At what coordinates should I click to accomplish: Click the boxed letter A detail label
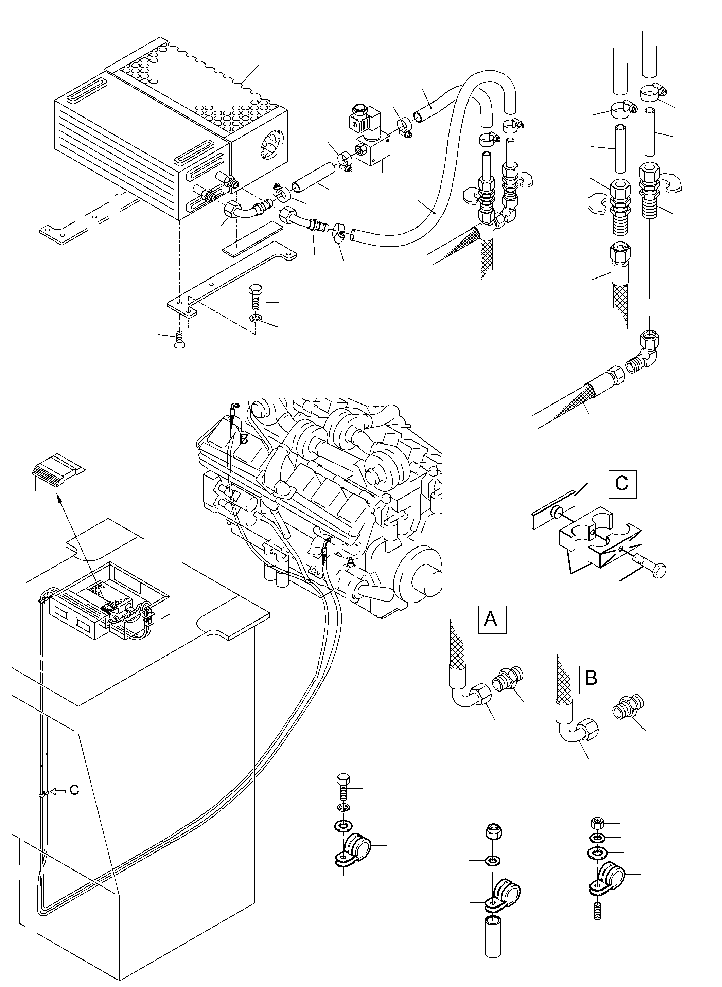[492, 620]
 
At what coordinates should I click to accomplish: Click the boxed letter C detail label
[622, 484]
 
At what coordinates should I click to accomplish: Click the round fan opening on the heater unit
[272, 146]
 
